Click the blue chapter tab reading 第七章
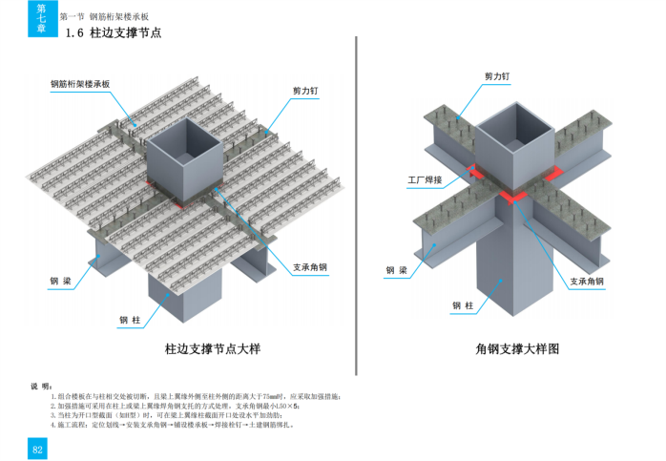39,19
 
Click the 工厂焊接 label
426,178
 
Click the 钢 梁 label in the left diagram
62,282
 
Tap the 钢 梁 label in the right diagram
396,271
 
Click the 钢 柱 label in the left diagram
130,320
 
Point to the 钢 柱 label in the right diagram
463,306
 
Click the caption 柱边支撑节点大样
210,349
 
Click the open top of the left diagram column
183,130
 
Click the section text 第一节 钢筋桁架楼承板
104,17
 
